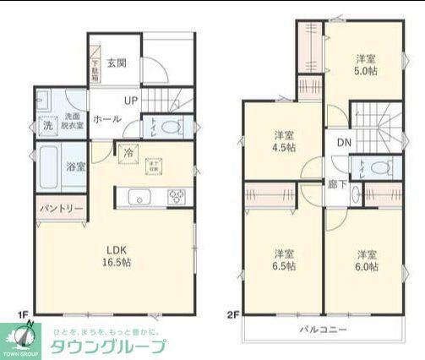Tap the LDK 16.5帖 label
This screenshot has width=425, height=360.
tap(117, 255)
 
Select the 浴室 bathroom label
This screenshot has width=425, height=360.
tap(76, 166)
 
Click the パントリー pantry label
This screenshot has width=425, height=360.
tap(60, 208)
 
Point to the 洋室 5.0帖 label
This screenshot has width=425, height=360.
tap(365, 65)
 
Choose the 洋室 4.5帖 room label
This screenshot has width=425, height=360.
tap(284, 141)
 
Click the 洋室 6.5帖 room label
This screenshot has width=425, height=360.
tap(284, 259)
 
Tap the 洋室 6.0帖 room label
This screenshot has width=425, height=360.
tap(365, 259)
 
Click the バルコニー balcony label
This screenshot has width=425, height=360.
tap(324, 330)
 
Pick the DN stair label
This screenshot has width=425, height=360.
tap(344, 143)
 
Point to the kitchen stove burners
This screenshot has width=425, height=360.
tap(177, 197)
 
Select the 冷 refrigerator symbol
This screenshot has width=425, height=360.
tap(128, 154)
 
